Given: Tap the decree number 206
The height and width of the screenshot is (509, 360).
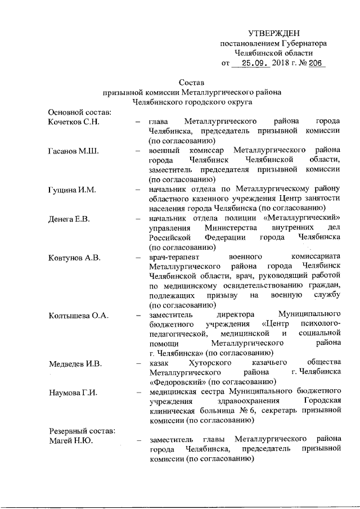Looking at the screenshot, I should tap(313, 64).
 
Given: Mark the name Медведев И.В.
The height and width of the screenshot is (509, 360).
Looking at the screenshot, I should tap(75, 363).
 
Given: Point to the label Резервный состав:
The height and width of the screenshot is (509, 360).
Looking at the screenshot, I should tap(81, 430).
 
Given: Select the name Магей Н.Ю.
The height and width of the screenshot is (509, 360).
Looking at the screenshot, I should tap(70, 440).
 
